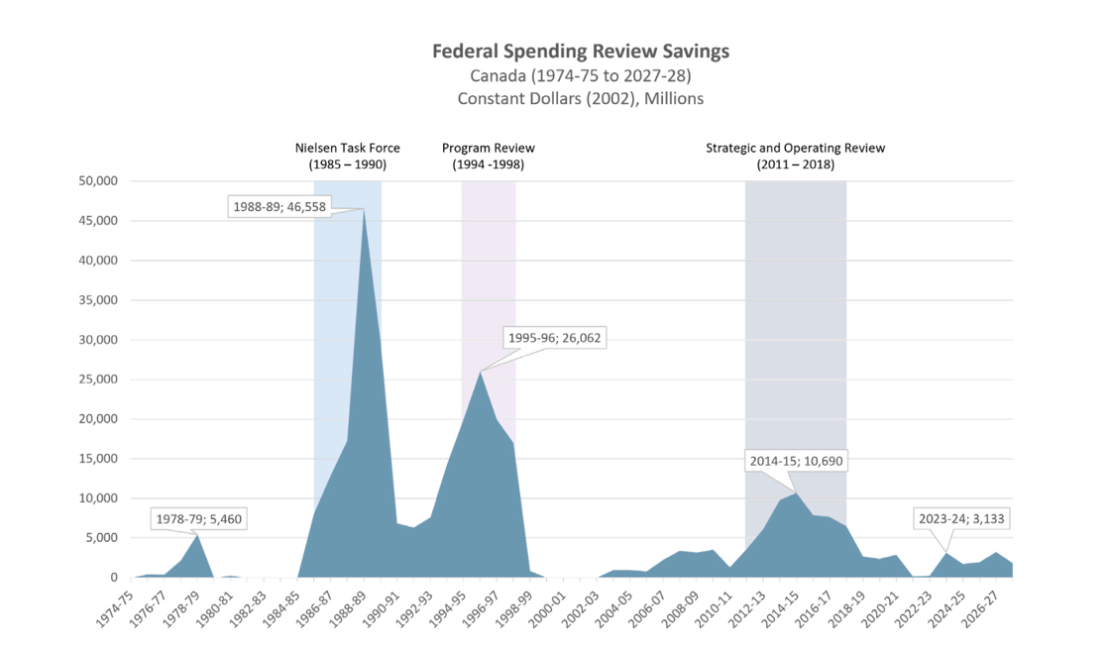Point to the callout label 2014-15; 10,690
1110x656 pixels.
pos(796,461)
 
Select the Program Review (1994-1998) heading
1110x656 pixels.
pos(488,156)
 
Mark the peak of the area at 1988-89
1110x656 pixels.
pos(364,209)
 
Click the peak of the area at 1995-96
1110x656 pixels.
pos(481,372)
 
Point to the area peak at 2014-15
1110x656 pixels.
pos(796,493)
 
